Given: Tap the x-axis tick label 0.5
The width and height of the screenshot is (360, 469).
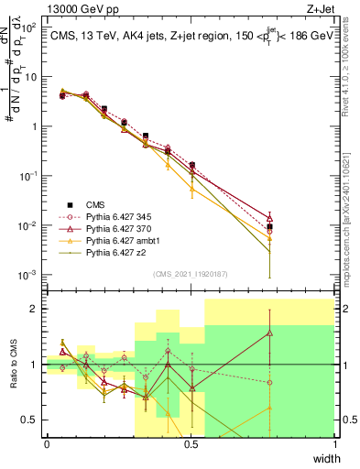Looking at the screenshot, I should coord(191,444).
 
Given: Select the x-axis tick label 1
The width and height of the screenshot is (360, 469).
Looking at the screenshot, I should coord(335,444).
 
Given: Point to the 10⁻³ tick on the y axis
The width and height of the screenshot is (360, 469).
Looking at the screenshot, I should coord(27,276).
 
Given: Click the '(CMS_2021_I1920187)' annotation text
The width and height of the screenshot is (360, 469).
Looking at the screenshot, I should coord(191,273).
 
